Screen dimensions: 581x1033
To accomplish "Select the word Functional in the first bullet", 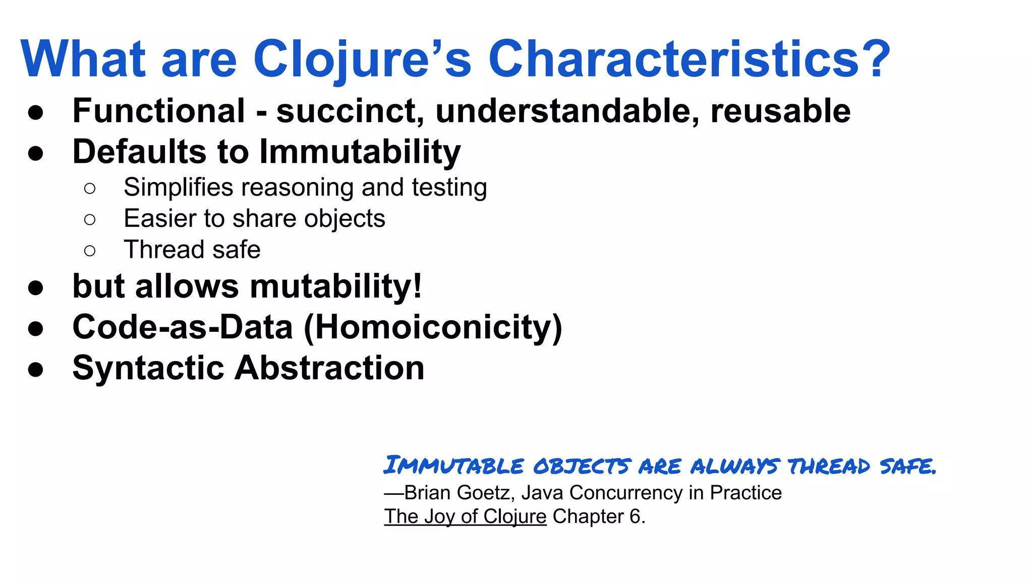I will (159, 111).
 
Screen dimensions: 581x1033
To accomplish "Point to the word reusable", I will (780, 111).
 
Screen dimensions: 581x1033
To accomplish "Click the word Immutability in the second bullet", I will (360, 152).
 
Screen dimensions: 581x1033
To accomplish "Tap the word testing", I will (449, 188).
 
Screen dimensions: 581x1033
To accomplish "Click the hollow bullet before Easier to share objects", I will (90, 219).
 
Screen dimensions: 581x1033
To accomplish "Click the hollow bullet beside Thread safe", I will (90, 251).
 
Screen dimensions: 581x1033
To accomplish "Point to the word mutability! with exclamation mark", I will (336, 286).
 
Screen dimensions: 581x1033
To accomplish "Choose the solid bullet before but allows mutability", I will (35, 288).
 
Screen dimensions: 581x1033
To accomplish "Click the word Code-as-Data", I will (183, 327).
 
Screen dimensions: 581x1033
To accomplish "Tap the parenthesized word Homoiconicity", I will (433, 327).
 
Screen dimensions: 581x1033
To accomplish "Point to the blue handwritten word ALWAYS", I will (734, 466).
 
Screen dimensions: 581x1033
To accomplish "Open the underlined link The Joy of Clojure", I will (465, 517).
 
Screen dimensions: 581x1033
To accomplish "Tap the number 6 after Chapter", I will (635, 516).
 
